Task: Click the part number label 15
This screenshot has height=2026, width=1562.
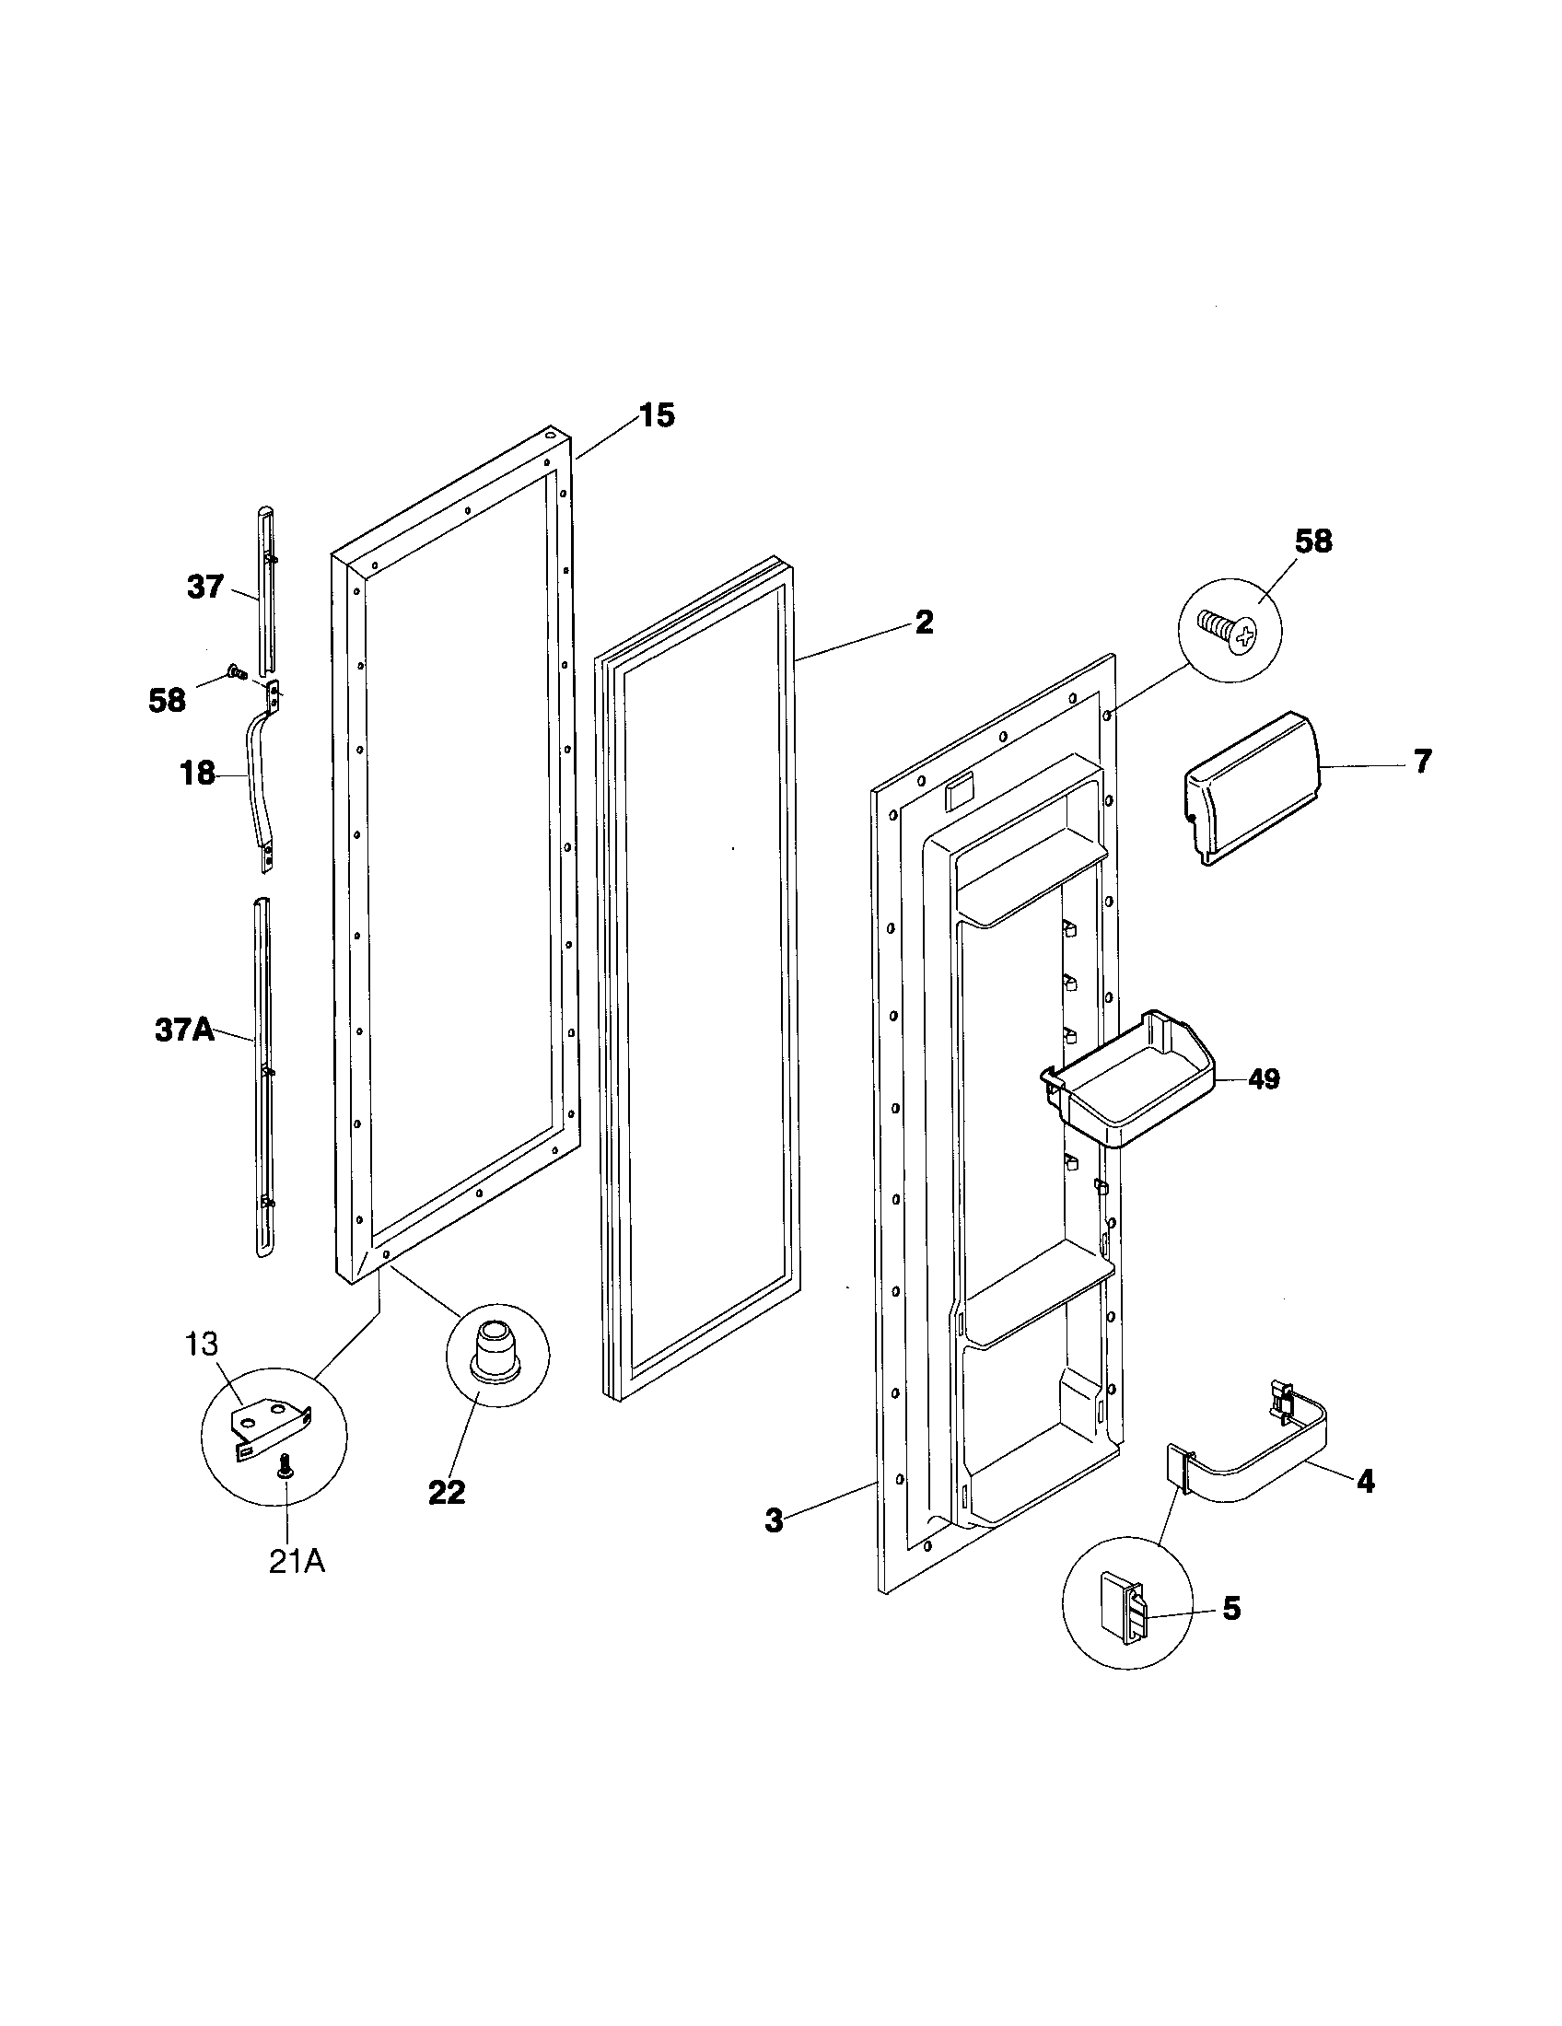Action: (656, 416)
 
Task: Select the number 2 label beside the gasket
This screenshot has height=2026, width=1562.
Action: (924, 623)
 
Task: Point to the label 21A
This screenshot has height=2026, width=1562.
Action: (297, 1562)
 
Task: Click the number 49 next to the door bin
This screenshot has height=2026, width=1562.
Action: (1265, 1079)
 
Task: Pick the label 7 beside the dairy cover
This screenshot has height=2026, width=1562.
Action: (1423, 762)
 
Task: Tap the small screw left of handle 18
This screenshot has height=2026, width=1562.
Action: (234, 670)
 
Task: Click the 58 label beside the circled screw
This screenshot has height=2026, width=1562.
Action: (1311, 541)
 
